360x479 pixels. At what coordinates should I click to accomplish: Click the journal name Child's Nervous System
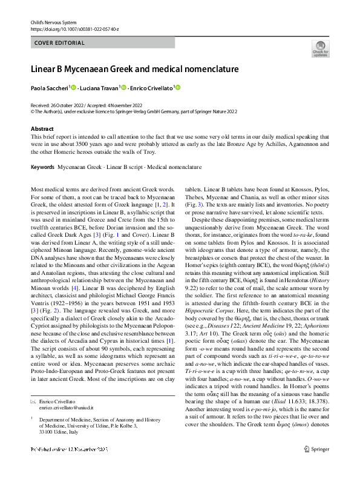pos(50,22)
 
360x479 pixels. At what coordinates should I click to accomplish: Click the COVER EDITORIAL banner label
pos(55,42)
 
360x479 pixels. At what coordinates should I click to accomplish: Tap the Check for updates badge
pos(321,49)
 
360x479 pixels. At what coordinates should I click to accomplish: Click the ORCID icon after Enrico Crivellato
pos(178,88)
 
